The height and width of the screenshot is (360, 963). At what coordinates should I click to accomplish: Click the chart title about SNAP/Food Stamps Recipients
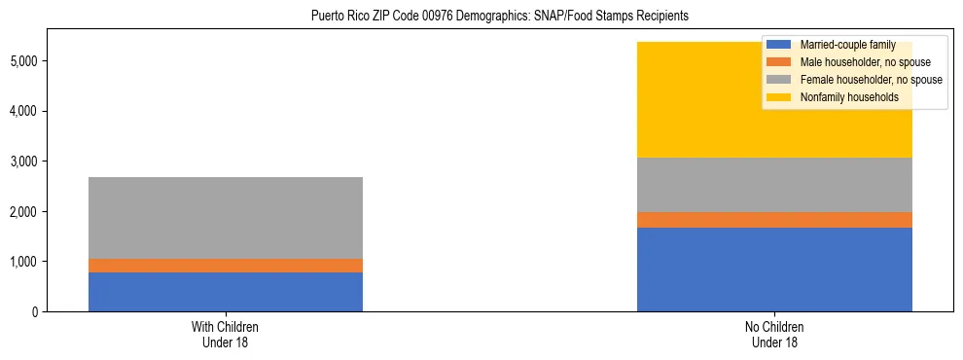(499, 16)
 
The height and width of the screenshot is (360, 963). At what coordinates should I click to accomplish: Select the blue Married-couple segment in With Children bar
(226, 292)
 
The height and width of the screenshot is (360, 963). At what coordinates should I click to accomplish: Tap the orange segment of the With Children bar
(226, 266)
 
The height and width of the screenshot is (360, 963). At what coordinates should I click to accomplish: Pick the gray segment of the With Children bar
(226, 218)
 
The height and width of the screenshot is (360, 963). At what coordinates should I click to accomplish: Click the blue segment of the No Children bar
(774, 270)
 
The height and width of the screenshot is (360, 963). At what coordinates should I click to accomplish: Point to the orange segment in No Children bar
(774, 220)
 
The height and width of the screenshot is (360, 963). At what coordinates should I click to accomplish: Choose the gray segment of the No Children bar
(774, 185)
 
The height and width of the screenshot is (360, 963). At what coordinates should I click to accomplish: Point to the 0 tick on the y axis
(36, 312)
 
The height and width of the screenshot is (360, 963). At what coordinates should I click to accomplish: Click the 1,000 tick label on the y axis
(26, 262)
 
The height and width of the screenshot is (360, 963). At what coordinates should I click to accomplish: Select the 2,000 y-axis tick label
(26, 212)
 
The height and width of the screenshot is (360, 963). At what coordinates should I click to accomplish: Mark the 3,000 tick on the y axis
(26, 162)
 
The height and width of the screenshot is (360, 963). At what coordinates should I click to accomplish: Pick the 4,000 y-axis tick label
(26, 112)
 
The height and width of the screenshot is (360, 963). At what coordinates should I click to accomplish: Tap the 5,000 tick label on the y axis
(26, 61)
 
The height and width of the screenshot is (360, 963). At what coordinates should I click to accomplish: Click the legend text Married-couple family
(845, 45)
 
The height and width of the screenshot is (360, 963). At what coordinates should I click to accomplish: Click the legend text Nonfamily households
(842, 97)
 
